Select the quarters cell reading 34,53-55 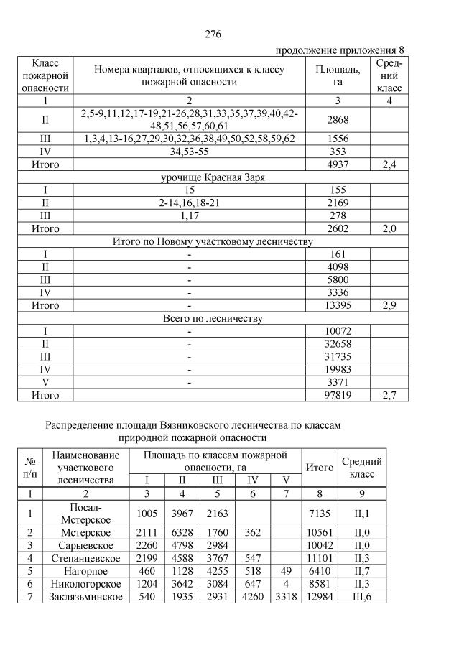189,151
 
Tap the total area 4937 337,164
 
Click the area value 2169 337,203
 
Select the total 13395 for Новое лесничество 337,305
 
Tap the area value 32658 337,344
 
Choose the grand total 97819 337,395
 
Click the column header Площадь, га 337,75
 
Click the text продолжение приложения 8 340,50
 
